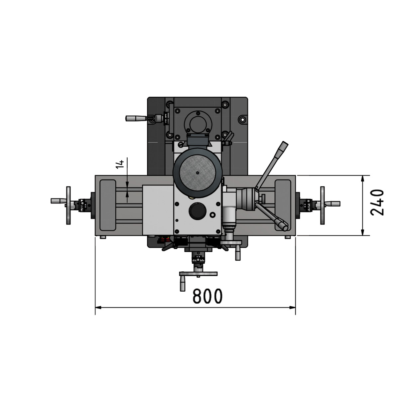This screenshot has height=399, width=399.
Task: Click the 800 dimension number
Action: pyautogui.click(x=207, y=296)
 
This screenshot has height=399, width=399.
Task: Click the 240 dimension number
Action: pyautogui.click(x=377, y=202)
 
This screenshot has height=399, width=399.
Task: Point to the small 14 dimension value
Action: pyautogui.click(x=120, y=164)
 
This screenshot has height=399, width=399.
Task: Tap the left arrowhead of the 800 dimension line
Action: pyautogui.click(x=98, y=308)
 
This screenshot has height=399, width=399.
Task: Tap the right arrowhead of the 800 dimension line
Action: pyautogui.click(x=293, y=308)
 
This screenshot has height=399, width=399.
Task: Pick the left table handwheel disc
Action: pyautogui.click(x=68, y=205)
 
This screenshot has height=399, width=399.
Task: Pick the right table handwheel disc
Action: pyautogui.click(x=322, y=205)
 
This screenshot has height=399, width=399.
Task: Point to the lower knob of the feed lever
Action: pyautogui.click(x=283, y=226)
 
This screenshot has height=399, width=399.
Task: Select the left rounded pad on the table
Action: pyautogui.click(x=107, y=205)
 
